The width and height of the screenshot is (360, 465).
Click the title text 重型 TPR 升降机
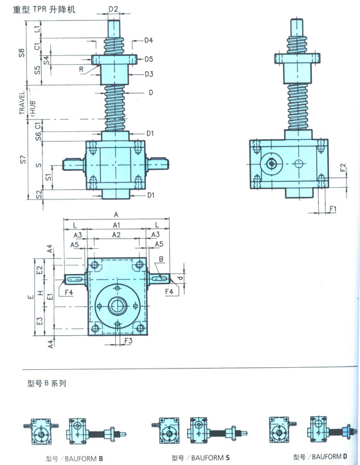(x=44, y=9)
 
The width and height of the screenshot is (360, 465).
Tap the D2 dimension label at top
(x=113, y=9)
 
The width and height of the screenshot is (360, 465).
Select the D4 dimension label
(x=148, y=40)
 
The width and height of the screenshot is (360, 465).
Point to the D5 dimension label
(x=149, y=59)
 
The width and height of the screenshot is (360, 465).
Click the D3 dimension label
(x=149, y=74)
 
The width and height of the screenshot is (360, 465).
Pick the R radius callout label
(x=81, y=69)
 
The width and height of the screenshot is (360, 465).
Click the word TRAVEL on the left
(x=22, y=103)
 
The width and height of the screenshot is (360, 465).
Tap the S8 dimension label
(x=22, y=53)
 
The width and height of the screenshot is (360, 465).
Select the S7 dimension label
(x=23, y=160)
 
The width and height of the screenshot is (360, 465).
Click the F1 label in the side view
(x=333, y=209)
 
